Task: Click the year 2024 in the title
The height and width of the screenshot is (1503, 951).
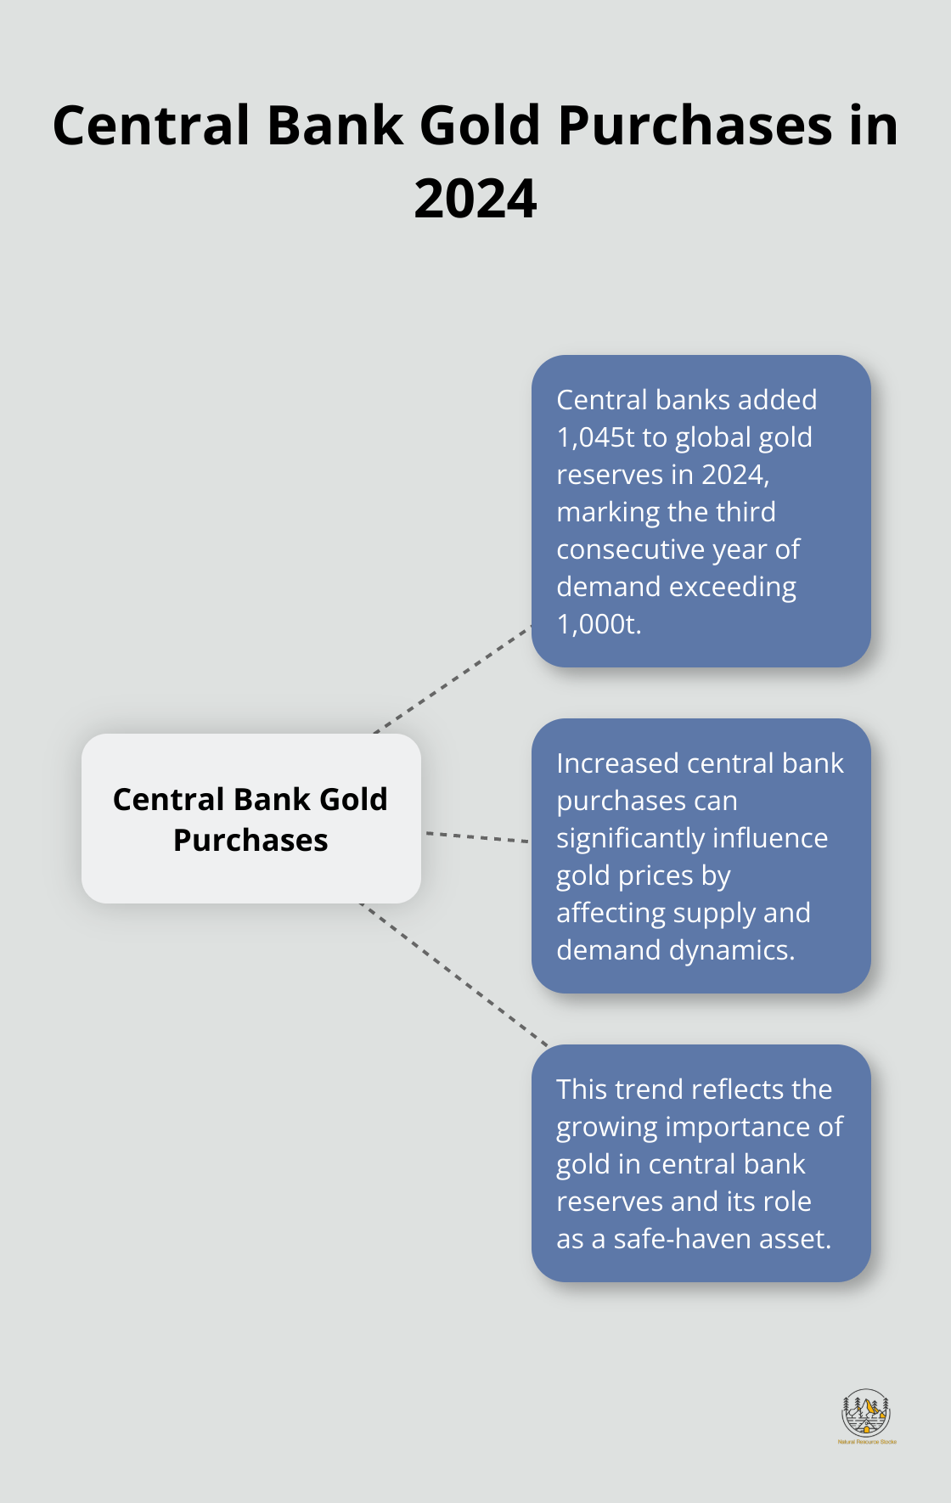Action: coord(475,199)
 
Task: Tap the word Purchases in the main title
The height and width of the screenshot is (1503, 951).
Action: coord(695,126)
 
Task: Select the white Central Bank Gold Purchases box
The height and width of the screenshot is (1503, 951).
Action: coord(251,819)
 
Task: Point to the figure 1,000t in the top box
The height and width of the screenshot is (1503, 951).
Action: coord(599,624)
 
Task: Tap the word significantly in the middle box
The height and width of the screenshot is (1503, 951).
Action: coord(630,839)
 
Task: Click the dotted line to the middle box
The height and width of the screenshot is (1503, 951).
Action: coord(478,837)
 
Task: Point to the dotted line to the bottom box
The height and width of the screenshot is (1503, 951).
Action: coord(454,975)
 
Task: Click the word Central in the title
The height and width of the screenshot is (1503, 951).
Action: coord(152,126)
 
